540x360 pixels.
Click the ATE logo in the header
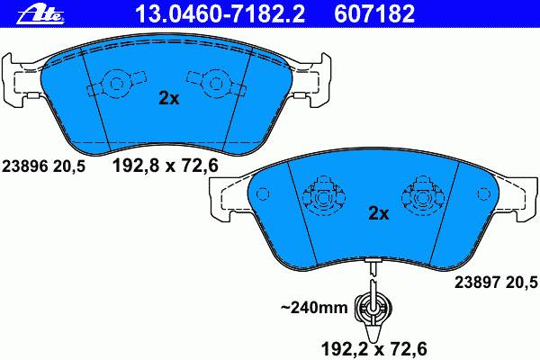pos(40,14)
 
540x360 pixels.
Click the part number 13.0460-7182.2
pos(220,13)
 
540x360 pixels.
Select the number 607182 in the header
pos(374,13)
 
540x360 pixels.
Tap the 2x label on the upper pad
pos(169,98)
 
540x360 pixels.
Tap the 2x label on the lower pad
pos(379,213)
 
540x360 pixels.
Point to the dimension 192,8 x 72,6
pos(166,166)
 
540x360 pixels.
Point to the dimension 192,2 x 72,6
pos(374,349)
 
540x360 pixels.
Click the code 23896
pos(25,166)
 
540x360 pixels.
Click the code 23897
pos(477,283)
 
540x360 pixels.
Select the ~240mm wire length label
pos(314,307)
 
